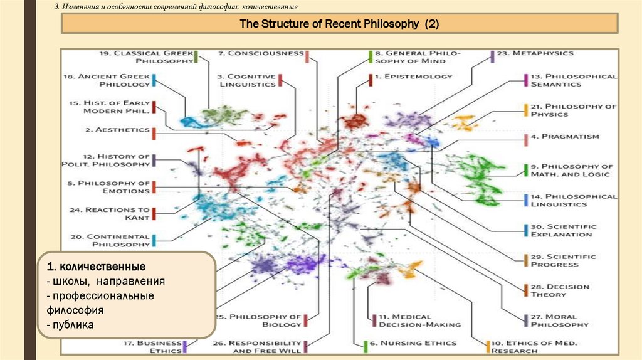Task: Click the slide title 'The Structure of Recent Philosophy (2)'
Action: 339,24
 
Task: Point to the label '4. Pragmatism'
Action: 565,136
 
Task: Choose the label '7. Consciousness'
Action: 261,54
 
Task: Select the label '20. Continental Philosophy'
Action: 109,240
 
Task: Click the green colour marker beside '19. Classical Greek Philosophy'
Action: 196,57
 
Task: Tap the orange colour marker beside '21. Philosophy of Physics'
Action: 525,110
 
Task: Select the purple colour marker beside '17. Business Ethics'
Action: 186,346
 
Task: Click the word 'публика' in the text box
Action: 70,325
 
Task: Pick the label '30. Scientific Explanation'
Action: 563,230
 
